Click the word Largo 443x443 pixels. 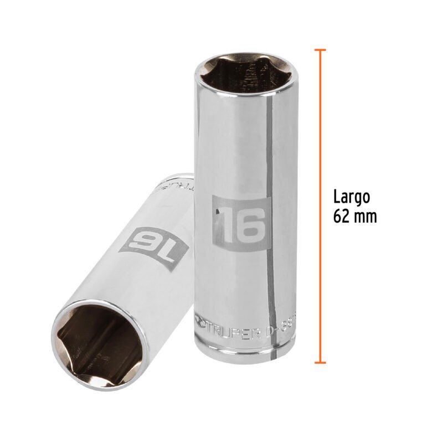(x=352, y=197)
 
